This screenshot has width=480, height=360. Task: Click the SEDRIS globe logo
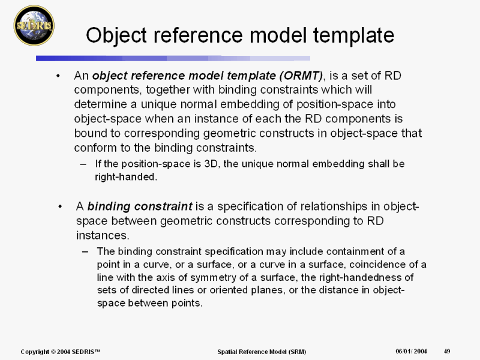click(34, 25)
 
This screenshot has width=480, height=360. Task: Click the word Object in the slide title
click(116, 35)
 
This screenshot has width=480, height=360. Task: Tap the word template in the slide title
click(353, 35)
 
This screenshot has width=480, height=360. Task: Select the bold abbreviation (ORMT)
click(301, 76)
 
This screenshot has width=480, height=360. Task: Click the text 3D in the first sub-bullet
click(211, 164)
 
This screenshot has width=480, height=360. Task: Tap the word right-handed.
click(126, 177)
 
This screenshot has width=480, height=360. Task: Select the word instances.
click(103, 235)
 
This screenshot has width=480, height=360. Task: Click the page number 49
click(447, 352)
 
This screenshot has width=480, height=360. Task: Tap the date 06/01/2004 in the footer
click(411, 352)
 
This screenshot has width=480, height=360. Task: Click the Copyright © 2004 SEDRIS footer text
click(61, 352)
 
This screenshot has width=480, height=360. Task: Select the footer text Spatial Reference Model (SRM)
click(262, 352)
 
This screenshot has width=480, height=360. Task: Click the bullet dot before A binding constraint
click(60, 206)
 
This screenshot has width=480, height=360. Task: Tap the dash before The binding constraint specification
click(85, 251)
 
